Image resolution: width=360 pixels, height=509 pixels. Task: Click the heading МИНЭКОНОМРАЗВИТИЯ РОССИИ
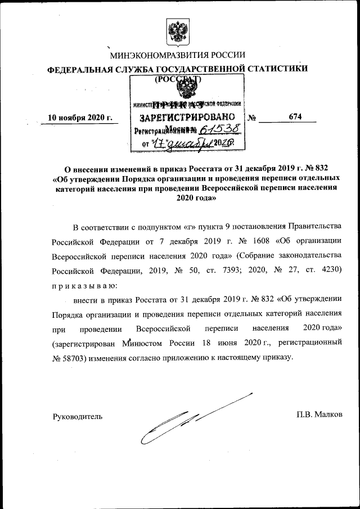177,55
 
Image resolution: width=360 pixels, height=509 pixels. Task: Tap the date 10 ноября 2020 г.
80,118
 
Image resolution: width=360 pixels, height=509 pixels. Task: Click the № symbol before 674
253,118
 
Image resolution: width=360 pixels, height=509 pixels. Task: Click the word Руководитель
77,416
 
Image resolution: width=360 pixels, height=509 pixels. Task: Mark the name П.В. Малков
319,415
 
